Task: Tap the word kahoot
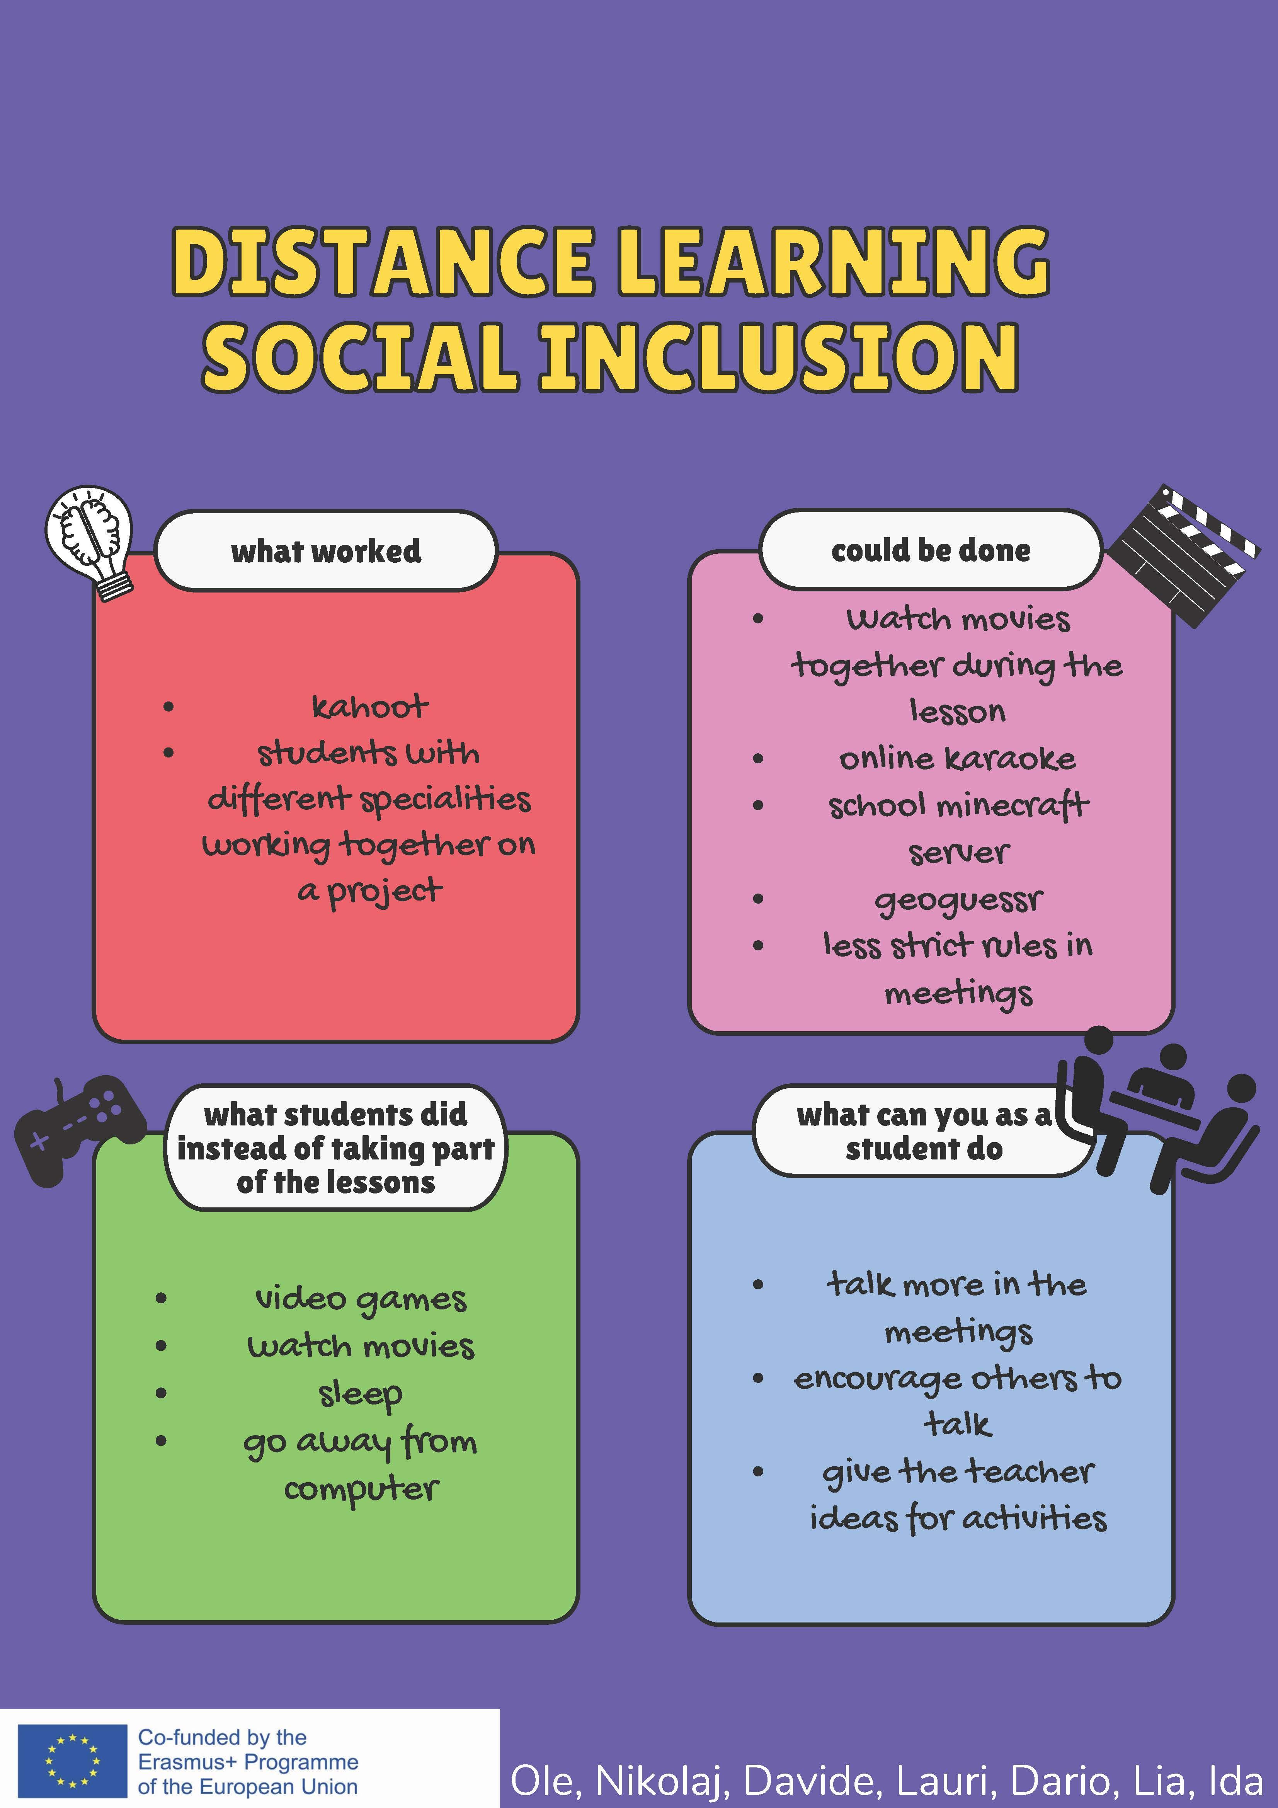point(370,707)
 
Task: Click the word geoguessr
point(958,900)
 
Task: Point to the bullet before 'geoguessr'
point(758,899)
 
